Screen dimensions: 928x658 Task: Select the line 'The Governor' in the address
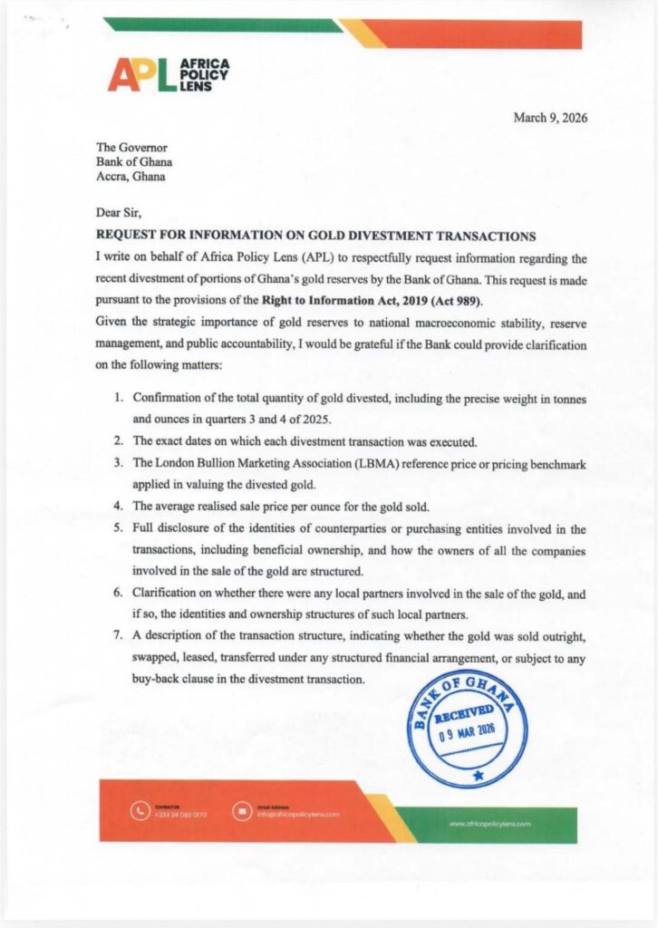[131, 147]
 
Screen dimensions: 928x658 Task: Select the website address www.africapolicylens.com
[489, 824]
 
